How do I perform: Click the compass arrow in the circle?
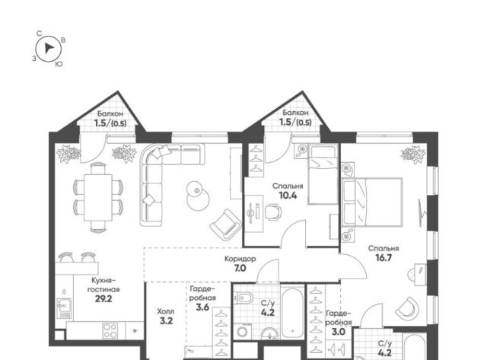coord(49,48)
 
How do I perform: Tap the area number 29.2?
coord(103,299)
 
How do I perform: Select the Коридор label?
coord(240,259)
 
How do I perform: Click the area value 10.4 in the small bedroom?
coord(288,196)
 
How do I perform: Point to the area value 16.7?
coord(384,258)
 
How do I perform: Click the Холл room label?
coord(166,311)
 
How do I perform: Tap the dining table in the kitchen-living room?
coord(98,197)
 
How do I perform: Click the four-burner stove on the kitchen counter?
coord(110,331)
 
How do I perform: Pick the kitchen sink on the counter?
coord(64,307)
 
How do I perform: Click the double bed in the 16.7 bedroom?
coord(372,202)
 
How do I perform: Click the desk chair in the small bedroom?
coord(273,212)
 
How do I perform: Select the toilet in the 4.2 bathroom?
coord(243,298)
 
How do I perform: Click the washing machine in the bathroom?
coord(243,331)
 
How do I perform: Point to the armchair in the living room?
coord(226,225)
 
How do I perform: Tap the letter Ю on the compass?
coord(59,64)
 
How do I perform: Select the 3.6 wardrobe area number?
coord(202,307)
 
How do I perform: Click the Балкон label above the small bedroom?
coord(295,113)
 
